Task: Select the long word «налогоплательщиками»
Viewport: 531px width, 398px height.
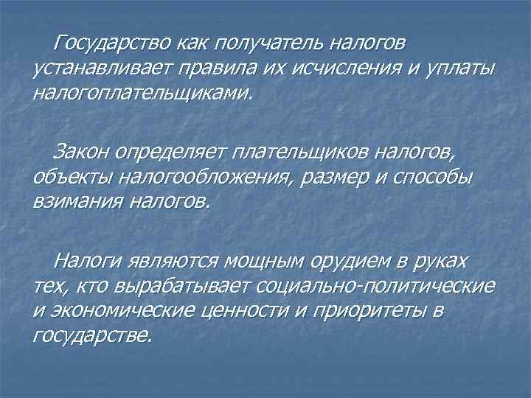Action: click(142, 94)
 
